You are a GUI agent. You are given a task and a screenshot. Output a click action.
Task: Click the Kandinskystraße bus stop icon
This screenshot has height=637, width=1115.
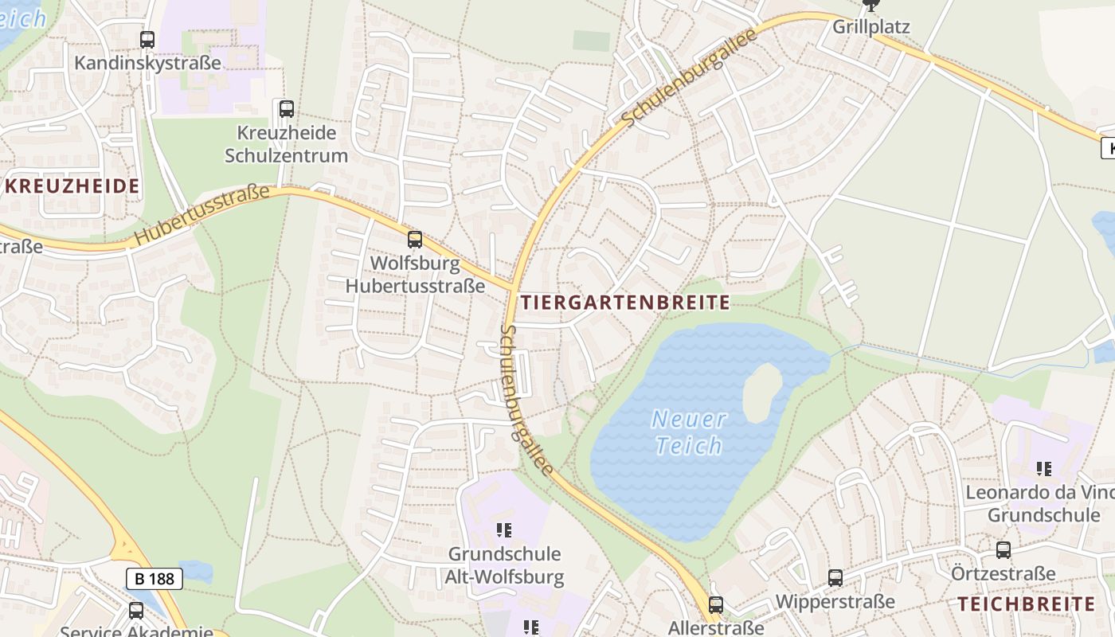(x=147, y=39)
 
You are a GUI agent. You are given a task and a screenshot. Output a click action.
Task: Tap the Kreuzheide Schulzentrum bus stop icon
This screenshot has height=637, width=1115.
(x=286, y=109)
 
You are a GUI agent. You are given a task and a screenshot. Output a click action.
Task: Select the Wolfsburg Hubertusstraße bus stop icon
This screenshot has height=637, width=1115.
(x=414, y=239)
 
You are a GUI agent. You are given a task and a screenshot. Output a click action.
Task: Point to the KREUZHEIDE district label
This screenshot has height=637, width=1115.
(x=72, y=186)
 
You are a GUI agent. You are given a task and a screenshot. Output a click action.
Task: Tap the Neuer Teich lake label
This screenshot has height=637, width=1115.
(x=689, y=432)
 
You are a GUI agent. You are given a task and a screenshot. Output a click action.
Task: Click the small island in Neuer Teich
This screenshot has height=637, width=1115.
(x=763, y=393)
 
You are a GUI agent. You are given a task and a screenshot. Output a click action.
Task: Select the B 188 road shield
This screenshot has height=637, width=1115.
(x=155, y=578)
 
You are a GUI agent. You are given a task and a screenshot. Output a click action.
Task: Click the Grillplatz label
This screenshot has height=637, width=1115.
(x=870, y=26)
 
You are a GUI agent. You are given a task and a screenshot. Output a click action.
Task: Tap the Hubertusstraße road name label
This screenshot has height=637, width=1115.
(x=202, y=213)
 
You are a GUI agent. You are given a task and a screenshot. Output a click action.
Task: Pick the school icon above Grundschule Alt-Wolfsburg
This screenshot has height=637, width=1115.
(x=503, y=530)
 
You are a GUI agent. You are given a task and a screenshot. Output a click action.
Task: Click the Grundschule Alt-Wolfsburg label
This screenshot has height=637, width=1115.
(x=506, y=565)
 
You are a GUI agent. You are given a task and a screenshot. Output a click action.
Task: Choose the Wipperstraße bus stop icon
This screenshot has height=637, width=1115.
(x=835, y=578)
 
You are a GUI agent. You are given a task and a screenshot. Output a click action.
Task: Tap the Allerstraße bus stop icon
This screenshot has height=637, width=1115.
(x=716, y=605)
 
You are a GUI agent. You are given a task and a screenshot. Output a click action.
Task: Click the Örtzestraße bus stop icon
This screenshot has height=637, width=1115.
(x=1003, y=549)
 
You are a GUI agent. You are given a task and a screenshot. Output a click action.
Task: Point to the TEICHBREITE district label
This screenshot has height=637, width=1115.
(x=1027, y=604)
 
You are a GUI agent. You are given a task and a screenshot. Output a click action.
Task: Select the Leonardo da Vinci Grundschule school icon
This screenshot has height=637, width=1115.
(x=1043, y=469)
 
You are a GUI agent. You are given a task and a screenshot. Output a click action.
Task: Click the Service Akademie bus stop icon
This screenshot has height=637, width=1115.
(x=136, y=611)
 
